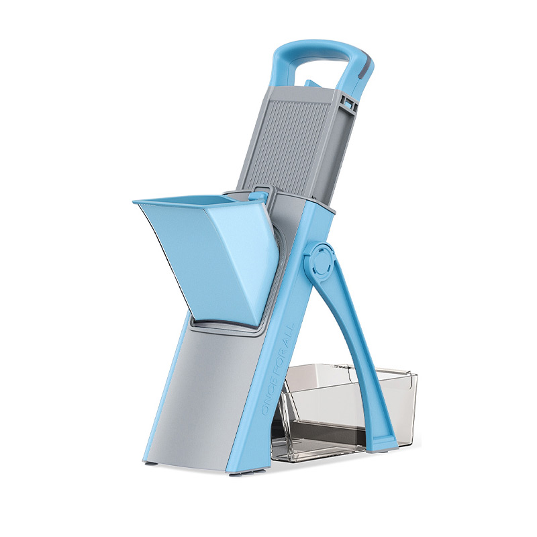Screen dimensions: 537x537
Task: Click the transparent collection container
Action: coord(346,411)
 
